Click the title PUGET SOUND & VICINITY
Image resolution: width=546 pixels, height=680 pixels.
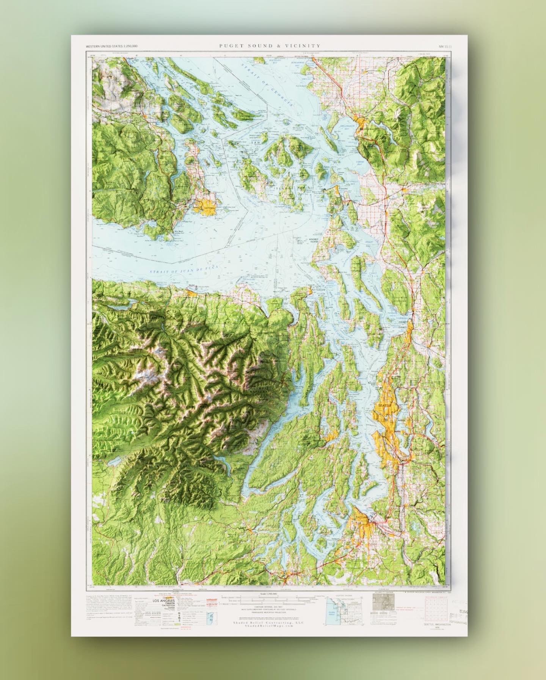coord(270,46)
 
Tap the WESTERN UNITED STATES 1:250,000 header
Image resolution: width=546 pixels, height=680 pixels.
coord(111,46)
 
